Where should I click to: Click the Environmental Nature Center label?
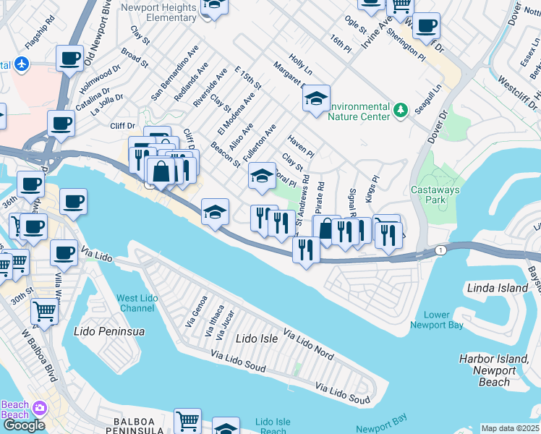click(x=359, y=110)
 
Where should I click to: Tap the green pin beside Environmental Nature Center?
click(x=401, y=110)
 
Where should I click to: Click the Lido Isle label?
click(x=257, y=338)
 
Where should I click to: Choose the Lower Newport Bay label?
click(x=436, y=320)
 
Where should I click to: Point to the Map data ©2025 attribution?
click(x=510, y=428)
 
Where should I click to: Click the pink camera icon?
click(x=38, y=409)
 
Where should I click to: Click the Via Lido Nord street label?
click(x=308, y=344)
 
